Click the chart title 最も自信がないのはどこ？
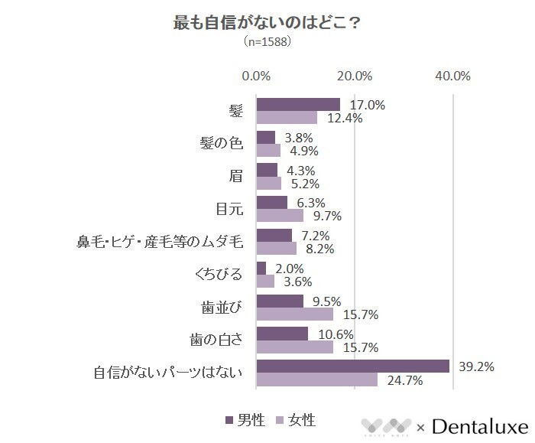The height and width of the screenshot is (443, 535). [267, 22]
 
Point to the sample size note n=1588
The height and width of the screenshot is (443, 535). [267, 43]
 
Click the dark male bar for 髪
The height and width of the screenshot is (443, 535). [298, 104]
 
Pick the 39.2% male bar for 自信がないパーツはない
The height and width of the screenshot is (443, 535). [352, 366]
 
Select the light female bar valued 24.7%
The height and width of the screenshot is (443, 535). [317, 379]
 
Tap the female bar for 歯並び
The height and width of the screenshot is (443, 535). [295, 314]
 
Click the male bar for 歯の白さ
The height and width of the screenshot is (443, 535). [282, 334]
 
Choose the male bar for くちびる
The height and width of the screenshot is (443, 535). [261, 268]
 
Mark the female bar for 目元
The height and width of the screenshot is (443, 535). [280, 216]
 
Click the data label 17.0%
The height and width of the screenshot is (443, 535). [368, 105]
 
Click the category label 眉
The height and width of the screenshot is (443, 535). [235, 176]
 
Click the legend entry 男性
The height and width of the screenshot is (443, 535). [245, 420]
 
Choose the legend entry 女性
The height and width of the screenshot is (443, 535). [295, 420]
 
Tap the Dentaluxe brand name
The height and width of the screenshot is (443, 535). [480, 425]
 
